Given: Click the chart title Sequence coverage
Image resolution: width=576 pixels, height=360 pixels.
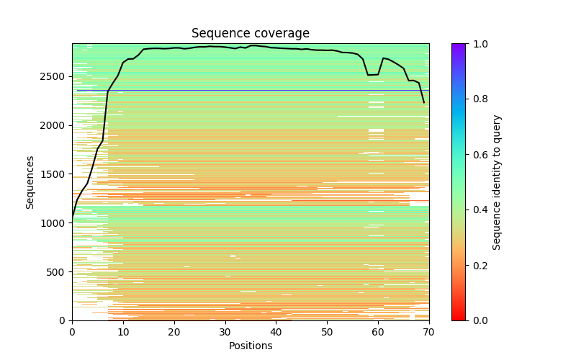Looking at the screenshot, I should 251,34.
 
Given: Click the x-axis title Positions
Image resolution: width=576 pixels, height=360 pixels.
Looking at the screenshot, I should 251,346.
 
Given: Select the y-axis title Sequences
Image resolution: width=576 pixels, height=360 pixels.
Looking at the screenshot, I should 30,182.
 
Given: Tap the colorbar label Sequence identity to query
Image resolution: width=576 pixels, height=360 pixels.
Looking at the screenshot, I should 497,182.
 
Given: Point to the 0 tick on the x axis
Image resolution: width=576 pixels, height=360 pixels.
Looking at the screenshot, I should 72,331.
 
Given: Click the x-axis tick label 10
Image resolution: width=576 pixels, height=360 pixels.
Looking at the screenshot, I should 123,331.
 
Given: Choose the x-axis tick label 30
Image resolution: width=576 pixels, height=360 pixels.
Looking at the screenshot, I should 225,331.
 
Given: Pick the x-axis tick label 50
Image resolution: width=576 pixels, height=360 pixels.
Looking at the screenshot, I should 327,331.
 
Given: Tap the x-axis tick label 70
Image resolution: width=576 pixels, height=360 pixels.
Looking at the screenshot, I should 429,331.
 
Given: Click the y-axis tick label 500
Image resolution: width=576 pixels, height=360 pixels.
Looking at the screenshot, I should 57,272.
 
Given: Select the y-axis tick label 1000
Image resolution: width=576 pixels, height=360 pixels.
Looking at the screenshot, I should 54,223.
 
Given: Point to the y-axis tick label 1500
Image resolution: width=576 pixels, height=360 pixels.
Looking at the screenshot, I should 54,174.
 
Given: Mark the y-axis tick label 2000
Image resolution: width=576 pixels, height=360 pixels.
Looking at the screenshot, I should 54,125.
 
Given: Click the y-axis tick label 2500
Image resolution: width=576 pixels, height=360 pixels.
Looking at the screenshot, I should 54,76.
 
